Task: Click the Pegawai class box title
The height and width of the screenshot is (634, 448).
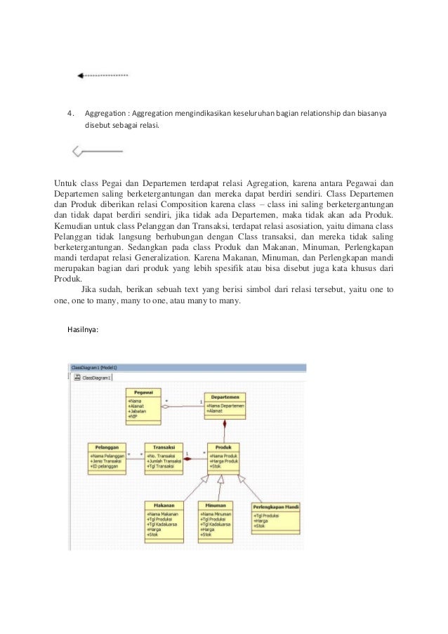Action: [143, 392]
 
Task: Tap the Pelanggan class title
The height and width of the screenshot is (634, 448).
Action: [107, 447]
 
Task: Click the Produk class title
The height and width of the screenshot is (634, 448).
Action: [223, 447]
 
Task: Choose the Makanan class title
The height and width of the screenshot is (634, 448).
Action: [164, 505]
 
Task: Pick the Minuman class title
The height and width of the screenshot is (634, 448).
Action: [215, 505]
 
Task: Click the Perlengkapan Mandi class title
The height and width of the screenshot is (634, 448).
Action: [275, 506]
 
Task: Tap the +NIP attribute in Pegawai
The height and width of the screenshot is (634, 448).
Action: [132, 416]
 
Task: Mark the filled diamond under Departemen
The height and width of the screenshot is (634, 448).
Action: [225, 424]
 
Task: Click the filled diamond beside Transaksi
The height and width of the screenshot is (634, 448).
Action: [187, 458]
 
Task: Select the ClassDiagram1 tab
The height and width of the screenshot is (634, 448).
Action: [96, 378]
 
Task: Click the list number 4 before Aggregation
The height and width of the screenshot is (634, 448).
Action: [70, 113]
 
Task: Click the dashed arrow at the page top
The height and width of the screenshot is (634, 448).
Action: [103, 74]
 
